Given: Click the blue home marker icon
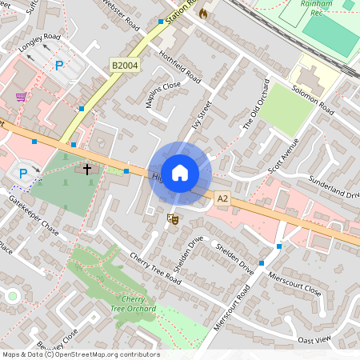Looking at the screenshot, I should coord(180,173).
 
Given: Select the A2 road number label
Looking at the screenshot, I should coord(222,198).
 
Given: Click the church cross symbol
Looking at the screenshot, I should coord(86,170).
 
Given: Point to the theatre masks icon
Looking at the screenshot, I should coord(171,218).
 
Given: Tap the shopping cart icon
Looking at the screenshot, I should coord(21,97).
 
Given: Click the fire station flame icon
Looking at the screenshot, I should coord(203,14).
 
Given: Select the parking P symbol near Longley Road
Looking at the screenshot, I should coord(59,65).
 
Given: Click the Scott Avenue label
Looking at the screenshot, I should coord(283,155).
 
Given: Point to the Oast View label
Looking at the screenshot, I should coord(314,340).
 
